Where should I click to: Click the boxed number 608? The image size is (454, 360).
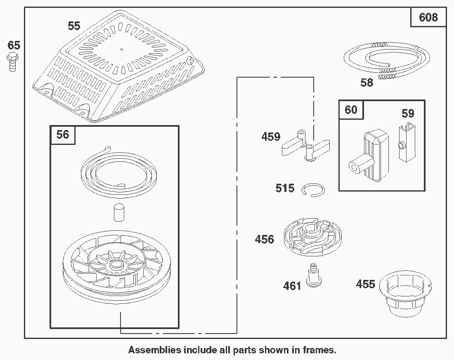(x=428, y=17)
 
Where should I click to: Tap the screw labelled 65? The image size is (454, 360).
(x=13, y=62)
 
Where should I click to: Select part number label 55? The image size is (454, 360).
(x=74, y=26)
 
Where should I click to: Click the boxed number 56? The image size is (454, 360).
(x=63, y=135)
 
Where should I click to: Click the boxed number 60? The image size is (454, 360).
(x=351, y=110)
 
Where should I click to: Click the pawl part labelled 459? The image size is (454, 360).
(x=305, y=147)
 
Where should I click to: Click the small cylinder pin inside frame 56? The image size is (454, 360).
(x=118, y=213)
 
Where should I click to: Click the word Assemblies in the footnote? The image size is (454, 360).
(x=154, y=350)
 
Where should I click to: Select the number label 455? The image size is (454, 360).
(x=366, y=284)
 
